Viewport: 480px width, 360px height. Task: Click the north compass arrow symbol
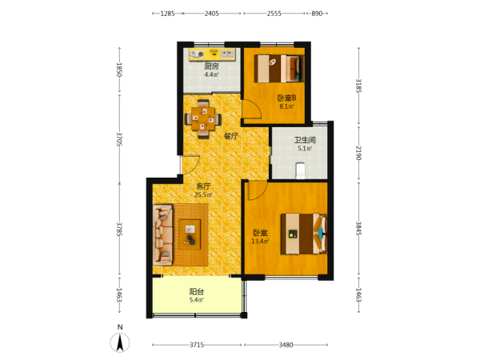click(x=120, y=342)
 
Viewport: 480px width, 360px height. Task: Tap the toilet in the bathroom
click(x=300, y=170)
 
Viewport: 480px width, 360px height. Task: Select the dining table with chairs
click(x=203, y=118)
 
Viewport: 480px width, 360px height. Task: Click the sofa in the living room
click(x=163, y=234)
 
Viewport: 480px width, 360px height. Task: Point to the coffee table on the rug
click(x=190, y=234)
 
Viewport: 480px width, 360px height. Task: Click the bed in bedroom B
click(x=279, y=69)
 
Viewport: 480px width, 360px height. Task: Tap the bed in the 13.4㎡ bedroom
click(x=304, y=234)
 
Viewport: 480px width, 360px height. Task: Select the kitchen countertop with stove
click(x=212, y=54)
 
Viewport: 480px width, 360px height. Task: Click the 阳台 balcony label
click(x=197, y=292)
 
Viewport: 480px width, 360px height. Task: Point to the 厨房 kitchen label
click(x=211, y=66)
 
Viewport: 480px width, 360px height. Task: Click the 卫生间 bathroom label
click(x=305, y=140)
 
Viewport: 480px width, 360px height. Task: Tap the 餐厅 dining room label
click(x=230, y=136)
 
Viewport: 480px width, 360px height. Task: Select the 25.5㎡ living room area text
click(x=203, y=194)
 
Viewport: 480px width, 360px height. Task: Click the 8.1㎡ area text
click(x=286, y=106)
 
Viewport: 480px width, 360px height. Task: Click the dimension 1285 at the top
click(x=167, y=14)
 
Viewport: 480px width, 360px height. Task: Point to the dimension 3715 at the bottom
click(x=197, y=345)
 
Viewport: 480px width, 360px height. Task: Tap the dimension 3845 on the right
click(x=358, y=228)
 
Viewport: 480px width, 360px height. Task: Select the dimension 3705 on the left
click(x=119, y=139)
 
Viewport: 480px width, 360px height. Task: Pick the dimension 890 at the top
click(x=317, y=14)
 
